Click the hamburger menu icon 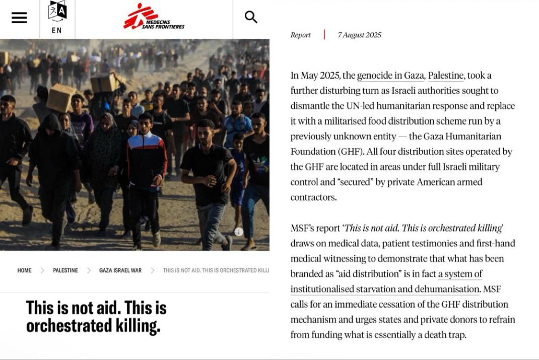pos(19,18)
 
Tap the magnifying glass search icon pos(251,17)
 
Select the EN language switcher pos(57,18)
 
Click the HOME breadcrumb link pos(24,271)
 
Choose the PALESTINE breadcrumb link pos(65,271)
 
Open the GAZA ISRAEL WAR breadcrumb pos(120,271)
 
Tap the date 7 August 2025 pos(359,35)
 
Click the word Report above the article pos(301,35)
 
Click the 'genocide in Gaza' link pos(390,76)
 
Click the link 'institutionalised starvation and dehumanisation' pos(385,289)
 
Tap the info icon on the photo pos(239,232)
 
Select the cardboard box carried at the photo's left pos(61,98)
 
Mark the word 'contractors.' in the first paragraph pos(313,198)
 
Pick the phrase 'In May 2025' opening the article pos(315,76)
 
